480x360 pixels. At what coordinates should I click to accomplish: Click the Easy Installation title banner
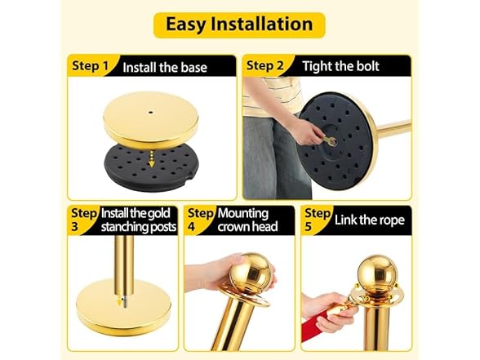239,24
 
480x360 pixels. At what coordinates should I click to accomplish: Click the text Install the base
165,67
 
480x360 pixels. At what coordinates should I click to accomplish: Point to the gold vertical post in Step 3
123,261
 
